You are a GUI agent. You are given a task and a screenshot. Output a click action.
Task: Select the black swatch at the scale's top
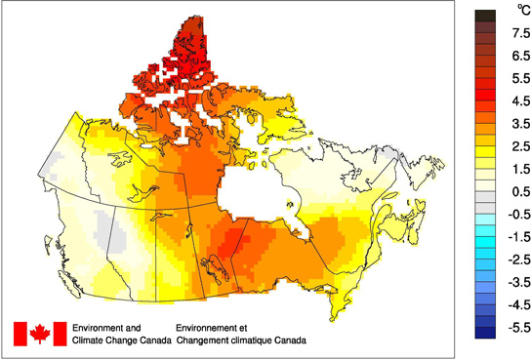click(x=485, y=16)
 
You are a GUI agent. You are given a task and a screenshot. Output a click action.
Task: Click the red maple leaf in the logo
click(x=40, y=334)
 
